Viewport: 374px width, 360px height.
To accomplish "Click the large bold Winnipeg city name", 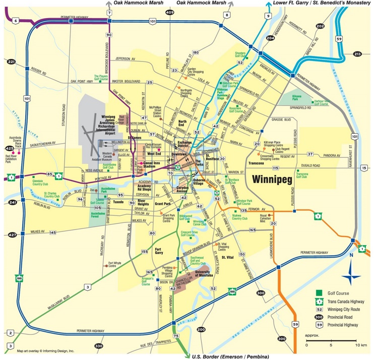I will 273,179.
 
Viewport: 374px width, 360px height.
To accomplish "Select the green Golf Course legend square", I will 319,293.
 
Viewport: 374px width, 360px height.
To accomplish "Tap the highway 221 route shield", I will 11,62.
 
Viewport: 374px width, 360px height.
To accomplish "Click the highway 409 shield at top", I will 169,12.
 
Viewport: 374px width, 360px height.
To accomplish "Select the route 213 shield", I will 358,53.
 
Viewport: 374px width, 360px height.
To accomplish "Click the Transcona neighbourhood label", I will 257,163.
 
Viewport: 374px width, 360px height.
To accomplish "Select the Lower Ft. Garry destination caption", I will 322,3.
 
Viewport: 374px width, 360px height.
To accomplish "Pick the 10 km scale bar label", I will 361,345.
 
